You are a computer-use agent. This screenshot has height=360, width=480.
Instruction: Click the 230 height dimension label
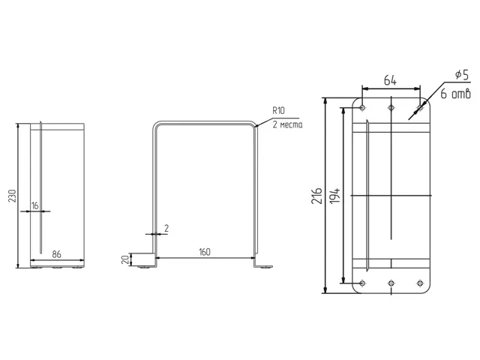click(x=12, y=196)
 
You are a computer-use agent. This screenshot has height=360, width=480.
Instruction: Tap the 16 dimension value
click(x=35, y=205)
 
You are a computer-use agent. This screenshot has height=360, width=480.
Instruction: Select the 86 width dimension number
click(x=57, y=254)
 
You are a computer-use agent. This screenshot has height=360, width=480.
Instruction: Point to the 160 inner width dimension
click(x=205, y=252)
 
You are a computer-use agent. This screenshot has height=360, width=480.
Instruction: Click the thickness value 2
click(x=166, y=228)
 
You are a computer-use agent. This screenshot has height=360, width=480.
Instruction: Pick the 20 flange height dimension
click(x=125, y=260)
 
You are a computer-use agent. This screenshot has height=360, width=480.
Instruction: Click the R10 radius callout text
click(x=278, y=110)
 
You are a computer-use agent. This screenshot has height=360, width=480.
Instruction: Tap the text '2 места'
click(x=287, y=124)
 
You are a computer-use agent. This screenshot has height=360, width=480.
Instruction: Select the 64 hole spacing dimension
click(x=390, y=80)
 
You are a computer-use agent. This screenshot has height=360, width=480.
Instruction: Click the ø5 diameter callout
click(x=462, y=75)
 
